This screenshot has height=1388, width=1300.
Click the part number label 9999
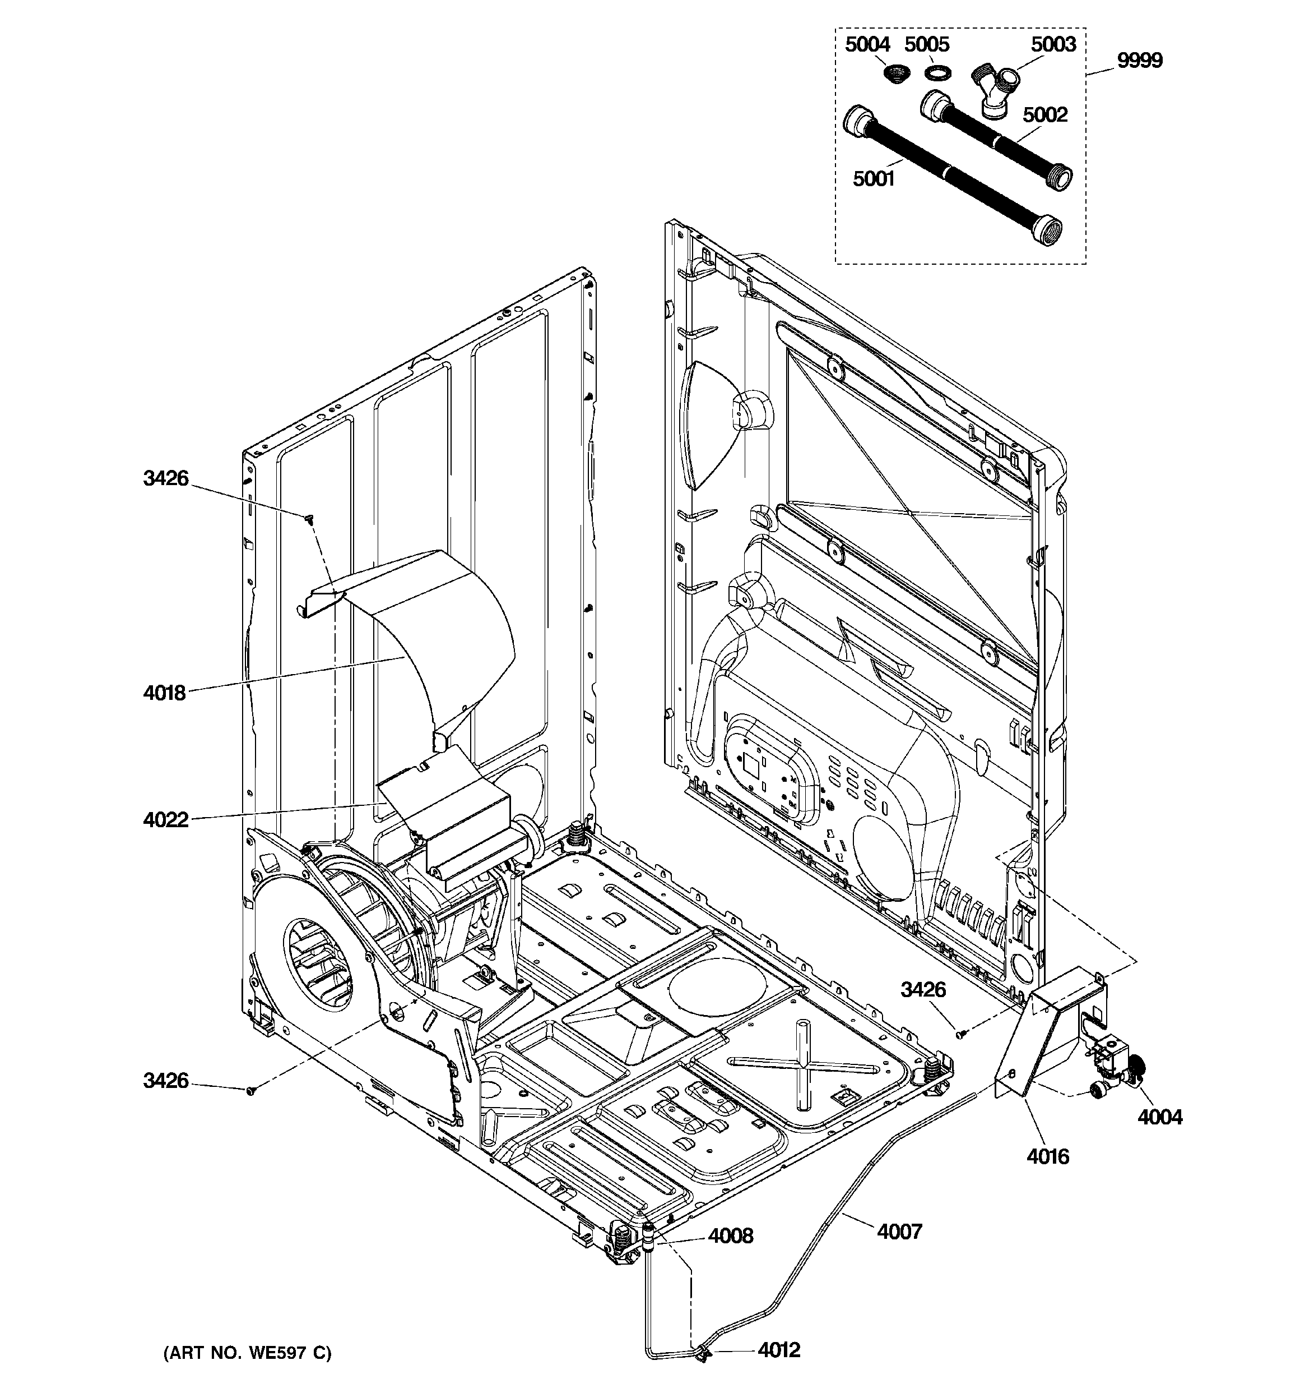pyautogui.click(x=1140, y=61)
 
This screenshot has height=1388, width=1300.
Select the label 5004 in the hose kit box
pyautogui.click(x=867, y=45)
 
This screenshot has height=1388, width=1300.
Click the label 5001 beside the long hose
pyautogui.click(x=873, y=179)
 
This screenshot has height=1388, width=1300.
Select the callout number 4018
pyautogui.click(x=165, y=693)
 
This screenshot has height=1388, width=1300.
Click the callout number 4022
pyautogui.click(x=165, y=820)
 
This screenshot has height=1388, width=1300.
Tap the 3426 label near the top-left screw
pyautogui.click(x=165, y=478)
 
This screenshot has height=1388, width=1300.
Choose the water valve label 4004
pyautogui.click(x=1160, y=1117)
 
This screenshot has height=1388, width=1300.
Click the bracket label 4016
pyautogui.click(x=1047, y=1157)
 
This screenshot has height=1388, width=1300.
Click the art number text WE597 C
pyautogui.click(x=247, y=1353)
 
